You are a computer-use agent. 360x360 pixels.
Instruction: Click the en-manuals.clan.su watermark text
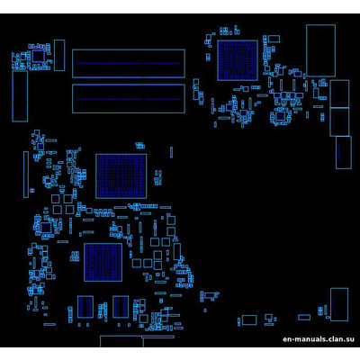(x=318, y=340)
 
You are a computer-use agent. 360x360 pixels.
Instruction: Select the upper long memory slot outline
(x=128, y=63)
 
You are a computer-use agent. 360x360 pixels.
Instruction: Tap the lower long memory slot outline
(x=128, y=98)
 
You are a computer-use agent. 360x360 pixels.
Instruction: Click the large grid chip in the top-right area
(x=237, y=59)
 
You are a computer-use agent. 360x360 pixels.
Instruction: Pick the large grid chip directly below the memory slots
(x=121, y=175)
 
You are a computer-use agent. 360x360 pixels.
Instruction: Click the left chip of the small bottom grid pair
(x=86, y=307)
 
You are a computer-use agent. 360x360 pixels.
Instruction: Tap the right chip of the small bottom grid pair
(x=120, y=307)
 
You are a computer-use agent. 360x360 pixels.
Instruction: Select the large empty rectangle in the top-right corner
(x=320, y=50)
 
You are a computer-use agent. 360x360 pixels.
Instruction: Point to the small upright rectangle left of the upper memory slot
(x=59, y=55)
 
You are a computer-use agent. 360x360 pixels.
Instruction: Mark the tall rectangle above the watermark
(x=338, y=303)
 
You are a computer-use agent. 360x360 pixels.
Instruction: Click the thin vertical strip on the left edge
(x=25, y=175)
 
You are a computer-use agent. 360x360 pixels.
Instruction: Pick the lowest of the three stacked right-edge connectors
(x=343, y=152)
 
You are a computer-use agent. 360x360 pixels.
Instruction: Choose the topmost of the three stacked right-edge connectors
(x=339, y=93)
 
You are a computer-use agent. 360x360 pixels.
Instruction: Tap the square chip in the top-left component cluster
(x=38, y=57)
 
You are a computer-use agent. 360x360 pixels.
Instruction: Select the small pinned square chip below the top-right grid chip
(x=280, y=116)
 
